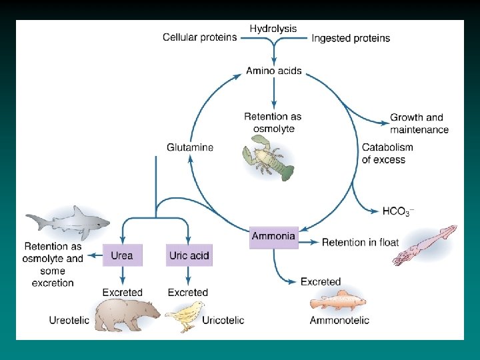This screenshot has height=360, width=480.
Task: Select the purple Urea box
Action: pyautogui.click(x=122, y=255)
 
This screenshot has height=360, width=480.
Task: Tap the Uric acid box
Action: pyautogui.click(x=189, y=255)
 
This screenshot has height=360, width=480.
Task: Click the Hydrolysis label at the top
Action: pyautogui.click(x=273, y=29)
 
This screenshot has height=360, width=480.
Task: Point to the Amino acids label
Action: pyautogui.click(x=273, y=71)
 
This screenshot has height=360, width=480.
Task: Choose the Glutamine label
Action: pyautogui.click(x=190, y=147)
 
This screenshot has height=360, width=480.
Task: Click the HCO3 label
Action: pyautogui.click(x=398, y=211)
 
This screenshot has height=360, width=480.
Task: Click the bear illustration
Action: pyautogui.click(x=127, y=315)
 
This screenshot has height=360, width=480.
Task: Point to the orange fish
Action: pyautogui.click(x=339, y=301)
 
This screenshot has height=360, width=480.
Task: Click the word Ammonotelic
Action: pyautogui.click(x=339, y=321)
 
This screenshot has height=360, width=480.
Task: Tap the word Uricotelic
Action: pyautogui.click(x=223, y=320)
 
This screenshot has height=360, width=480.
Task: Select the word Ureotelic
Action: pyautogui.click(x=69, y=320)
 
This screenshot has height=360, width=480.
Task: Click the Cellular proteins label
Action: pyautogui.click(x=199, y=37)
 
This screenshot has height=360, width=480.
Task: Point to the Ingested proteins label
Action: pyautogui.click(x=351, y=38)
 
